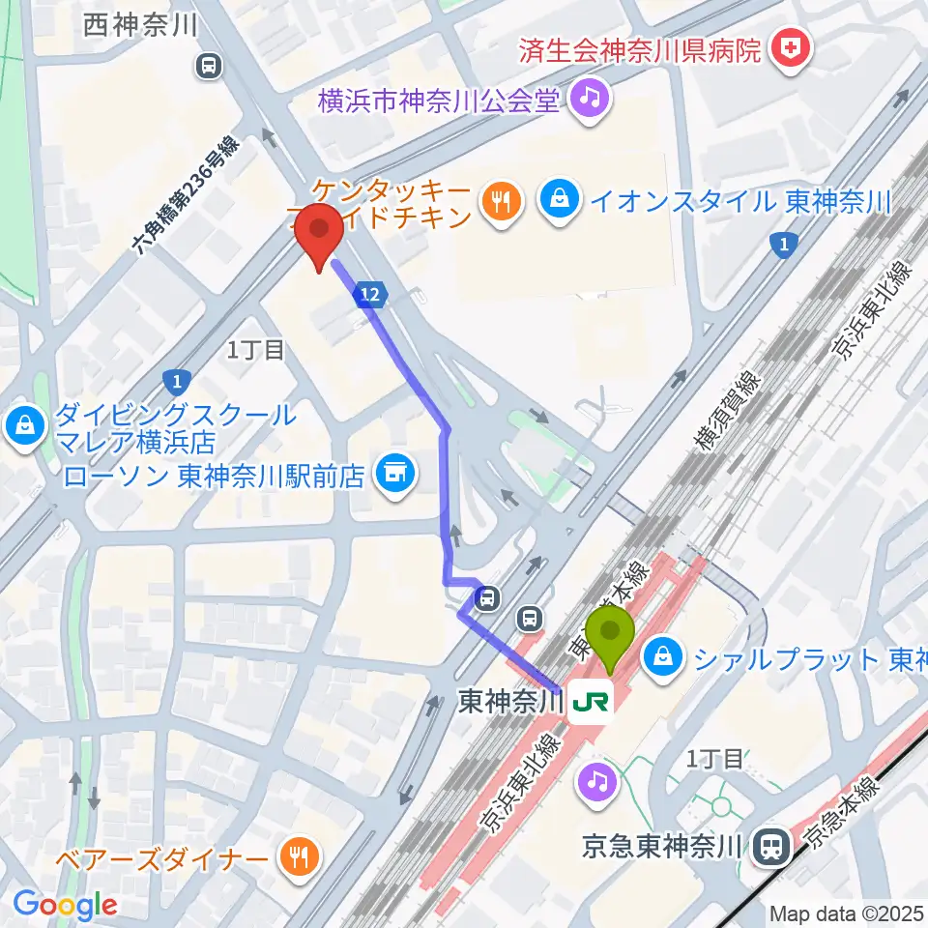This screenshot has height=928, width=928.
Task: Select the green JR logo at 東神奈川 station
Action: point(589,703)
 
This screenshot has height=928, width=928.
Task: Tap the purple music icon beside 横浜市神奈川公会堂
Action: point(589,100)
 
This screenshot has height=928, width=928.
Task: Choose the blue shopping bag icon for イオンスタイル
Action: point(558,202)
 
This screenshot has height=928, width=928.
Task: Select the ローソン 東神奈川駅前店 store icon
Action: point(392,475)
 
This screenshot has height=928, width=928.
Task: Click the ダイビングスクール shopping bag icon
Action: point(23,424)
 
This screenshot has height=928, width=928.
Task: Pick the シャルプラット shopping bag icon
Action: point(663,660)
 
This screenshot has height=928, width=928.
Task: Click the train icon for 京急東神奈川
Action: point(770,848)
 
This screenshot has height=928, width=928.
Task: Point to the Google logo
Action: point(65,905)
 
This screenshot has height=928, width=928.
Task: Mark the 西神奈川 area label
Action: point(141,26)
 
